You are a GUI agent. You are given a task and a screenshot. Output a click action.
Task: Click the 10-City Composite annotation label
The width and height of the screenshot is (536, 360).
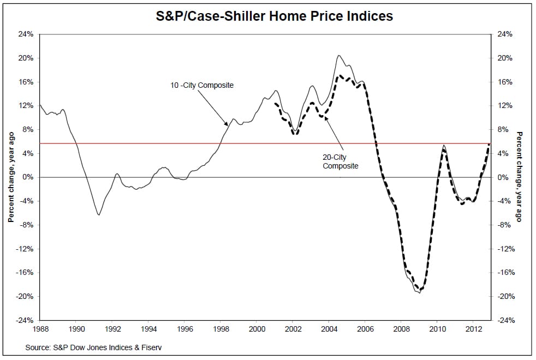coord(202,85)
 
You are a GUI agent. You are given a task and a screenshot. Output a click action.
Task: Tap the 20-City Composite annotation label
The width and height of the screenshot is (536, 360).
coord(341,161)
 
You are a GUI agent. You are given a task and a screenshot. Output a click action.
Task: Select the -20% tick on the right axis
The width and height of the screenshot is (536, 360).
coord(505,296)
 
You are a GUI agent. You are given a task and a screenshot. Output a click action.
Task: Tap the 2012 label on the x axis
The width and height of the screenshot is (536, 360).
coord(473,329)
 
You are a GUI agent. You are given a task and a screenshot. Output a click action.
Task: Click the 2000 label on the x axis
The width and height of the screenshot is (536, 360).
coord(257,329)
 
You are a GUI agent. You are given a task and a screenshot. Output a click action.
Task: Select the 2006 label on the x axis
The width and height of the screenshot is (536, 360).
coord(365,329)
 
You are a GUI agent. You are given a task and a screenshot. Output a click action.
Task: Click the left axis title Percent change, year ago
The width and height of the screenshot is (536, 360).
coord(10,177)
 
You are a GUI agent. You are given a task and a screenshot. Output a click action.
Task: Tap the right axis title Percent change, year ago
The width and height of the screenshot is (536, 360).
coord(520,177)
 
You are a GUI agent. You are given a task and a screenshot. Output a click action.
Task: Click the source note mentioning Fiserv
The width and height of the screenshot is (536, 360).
coord(93,347)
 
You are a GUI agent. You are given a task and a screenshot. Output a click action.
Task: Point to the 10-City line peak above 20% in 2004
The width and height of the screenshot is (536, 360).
coord(338,55)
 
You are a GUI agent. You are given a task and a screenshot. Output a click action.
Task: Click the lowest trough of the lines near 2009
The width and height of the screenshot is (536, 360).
coord(419,293)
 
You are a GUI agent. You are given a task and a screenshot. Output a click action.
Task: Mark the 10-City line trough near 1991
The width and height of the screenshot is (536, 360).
coord(99,215)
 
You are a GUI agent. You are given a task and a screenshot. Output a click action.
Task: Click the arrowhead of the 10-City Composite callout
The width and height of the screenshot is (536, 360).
coord(228,125)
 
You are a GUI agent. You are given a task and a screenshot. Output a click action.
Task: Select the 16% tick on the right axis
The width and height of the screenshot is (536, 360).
coord(505,82)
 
